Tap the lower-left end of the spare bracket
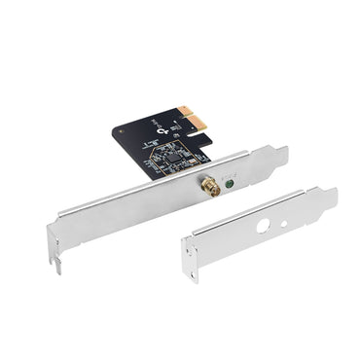tap(191, 273)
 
